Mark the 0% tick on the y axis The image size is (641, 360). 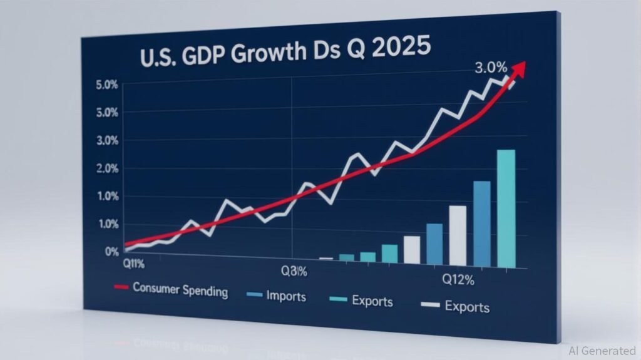(112, 252)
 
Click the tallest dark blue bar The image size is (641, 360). (481, 224)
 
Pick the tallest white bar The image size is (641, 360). (458, 235)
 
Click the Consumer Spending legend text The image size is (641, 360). (180, 291)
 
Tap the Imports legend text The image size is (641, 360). (285, 296)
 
